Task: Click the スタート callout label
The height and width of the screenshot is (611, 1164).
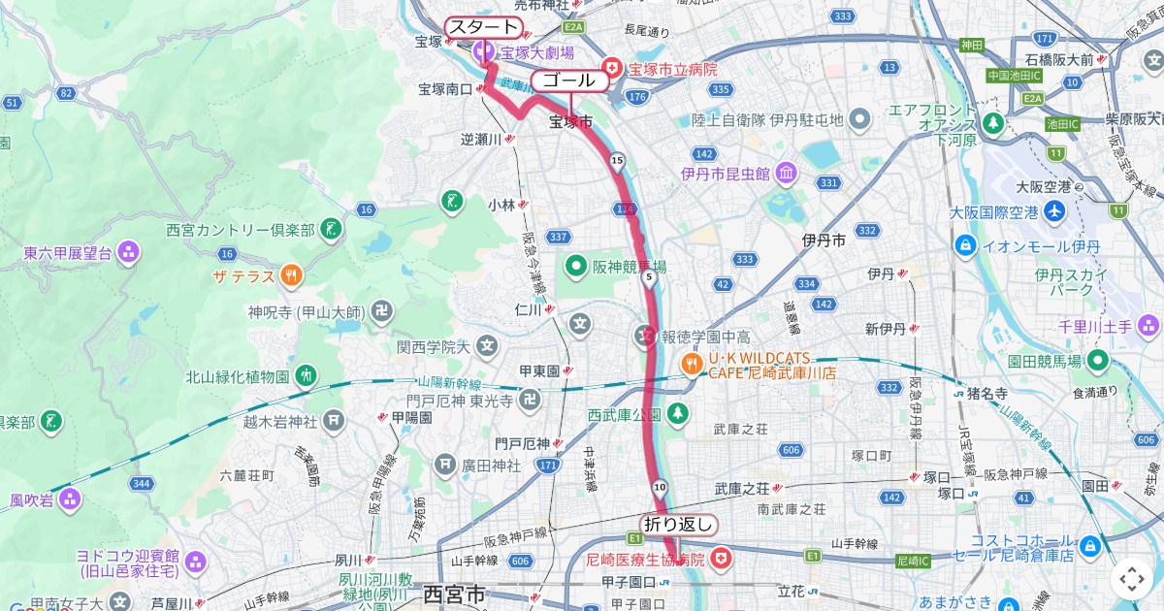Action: tap(483, 27)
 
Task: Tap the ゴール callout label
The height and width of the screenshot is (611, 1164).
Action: tap(569, 80)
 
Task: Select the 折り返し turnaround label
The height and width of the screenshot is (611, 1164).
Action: tap(678, 525)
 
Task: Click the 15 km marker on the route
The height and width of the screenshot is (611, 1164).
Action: tap(616, 160)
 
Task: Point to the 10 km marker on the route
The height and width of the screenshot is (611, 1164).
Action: tap(660, 486)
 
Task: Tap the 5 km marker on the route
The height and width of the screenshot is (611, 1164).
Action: tap(648, 278)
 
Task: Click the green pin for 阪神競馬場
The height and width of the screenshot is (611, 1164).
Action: tap(575, 266)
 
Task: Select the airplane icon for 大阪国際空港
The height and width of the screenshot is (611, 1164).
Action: tap(1054, 211)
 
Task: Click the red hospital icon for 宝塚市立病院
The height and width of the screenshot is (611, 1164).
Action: tap(612, 69)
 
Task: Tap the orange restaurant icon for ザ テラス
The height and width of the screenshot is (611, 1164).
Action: tap(290, 276)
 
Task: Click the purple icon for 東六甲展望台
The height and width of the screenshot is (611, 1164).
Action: tap(128, 253)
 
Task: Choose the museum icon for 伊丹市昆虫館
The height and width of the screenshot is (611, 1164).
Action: tap(786, 174)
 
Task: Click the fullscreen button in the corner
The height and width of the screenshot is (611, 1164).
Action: tap(1132, 579)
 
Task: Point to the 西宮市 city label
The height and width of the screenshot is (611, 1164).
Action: tap(454, 594)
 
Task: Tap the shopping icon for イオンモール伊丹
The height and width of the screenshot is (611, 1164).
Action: tap(965, 245)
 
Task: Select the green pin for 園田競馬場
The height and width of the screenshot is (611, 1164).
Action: tap(1099, 361)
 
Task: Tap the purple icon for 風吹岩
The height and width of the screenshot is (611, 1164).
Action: tap(69, 500)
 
